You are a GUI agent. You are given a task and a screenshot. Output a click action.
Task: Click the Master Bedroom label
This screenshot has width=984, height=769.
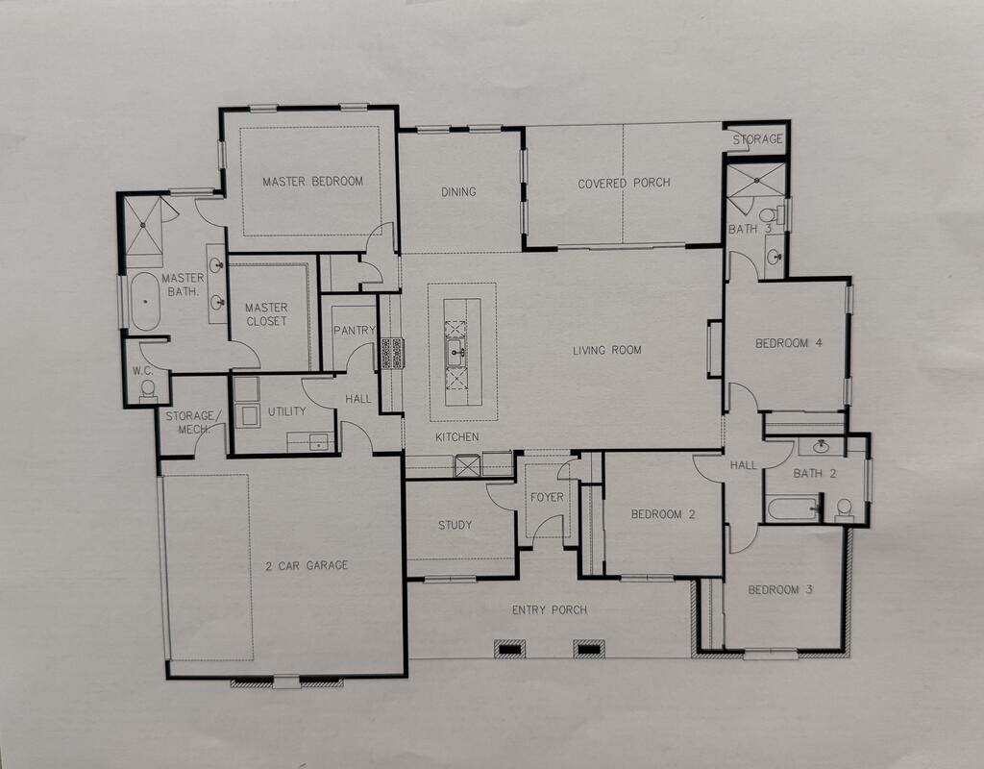[312, 182]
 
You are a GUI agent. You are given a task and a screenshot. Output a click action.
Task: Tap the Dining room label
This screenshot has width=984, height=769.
[458, 191]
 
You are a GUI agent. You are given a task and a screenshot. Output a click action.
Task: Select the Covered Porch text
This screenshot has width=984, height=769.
[624, 184]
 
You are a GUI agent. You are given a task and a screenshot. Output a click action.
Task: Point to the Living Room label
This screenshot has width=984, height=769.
[607, 350]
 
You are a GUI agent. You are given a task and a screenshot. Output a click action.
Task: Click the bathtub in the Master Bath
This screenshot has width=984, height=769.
[146, 301]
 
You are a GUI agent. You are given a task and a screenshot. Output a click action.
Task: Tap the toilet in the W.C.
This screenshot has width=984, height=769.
[148, 388]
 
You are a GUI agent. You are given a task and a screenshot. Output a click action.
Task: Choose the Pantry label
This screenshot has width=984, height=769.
[354, 331]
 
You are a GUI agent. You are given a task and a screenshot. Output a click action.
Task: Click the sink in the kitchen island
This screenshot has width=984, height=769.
[455, 353]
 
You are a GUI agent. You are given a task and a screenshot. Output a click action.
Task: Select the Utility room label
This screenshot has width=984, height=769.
[286, 411]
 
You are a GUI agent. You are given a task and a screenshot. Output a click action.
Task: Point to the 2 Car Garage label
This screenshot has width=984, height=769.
[307, 565]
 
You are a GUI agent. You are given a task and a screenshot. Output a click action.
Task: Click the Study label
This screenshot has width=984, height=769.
[455, 525]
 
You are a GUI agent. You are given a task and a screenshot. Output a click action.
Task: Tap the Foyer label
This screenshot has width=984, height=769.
[547, 497]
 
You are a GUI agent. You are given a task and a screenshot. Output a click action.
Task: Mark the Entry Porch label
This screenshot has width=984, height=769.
[550, 609]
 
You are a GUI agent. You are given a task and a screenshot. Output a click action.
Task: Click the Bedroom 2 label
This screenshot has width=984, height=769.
[663, 514]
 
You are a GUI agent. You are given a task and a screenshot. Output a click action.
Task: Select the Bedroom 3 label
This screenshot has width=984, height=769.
[780, 589]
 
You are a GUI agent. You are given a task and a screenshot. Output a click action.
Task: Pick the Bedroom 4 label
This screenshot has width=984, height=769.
[789, 343]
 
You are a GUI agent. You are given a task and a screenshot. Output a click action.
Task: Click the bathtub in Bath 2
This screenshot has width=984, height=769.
[793, 509]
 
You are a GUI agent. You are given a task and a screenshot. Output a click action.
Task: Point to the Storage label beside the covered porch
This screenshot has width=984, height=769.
[758, 138]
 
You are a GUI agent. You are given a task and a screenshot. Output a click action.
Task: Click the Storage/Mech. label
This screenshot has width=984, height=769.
[193, 423]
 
